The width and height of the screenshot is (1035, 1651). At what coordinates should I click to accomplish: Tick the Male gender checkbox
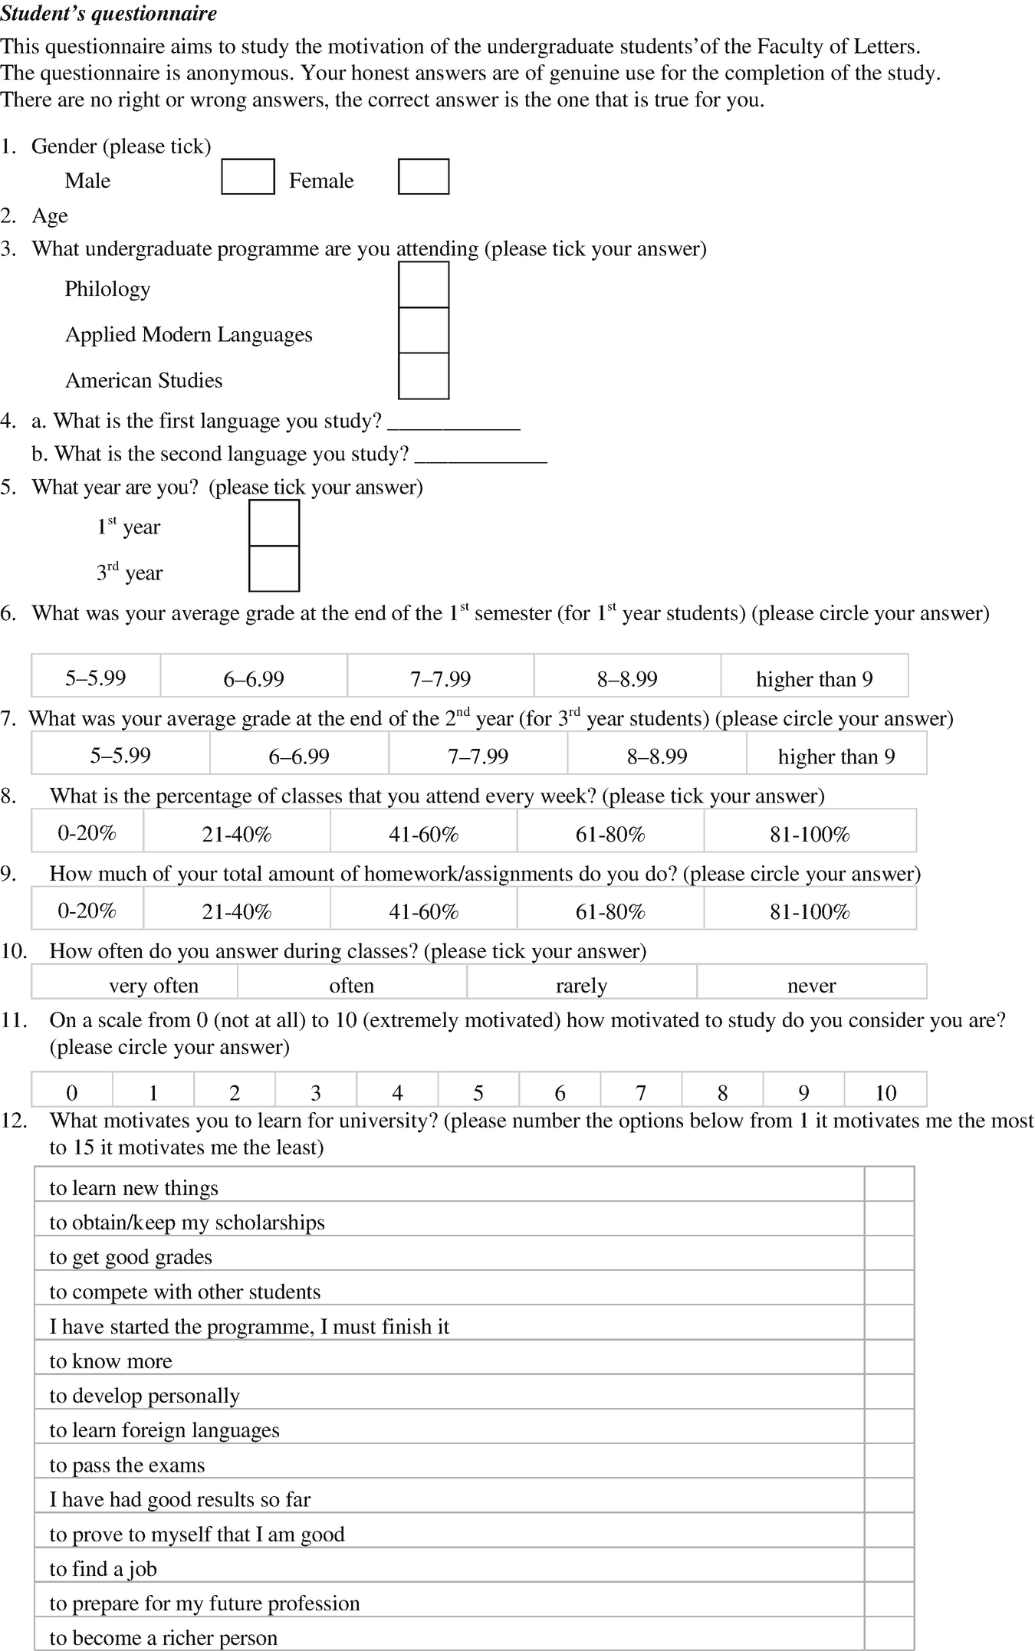248,176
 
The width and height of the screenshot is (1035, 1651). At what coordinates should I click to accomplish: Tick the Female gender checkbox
423,176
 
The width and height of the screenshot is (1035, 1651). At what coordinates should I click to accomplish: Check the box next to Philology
423,285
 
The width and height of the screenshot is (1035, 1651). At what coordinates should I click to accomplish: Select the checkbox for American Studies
423,376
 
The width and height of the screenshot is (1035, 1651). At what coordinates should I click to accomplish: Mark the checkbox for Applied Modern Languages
423,330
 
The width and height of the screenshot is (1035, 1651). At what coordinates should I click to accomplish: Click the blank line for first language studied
454,422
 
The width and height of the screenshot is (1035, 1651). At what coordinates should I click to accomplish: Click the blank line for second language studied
481,455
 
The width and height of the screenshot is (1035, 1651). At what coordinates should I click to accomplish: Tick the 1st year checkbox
274,524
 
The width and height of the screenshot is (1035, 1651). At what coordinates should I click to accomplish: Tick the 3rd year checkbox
274,569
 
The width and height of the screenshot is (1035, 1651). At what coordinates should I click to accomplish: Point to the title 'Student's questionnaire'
109,14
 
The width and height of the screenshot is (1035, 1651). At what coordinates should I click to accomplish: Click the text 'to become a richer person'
163,1638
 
